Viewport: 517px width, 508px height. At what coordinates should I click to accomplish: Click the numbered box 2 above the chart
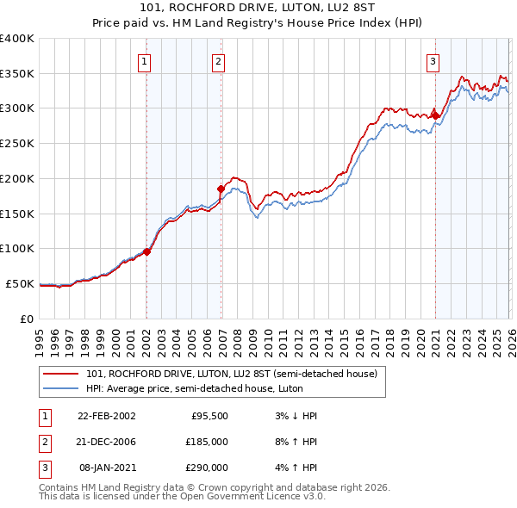(219, 61)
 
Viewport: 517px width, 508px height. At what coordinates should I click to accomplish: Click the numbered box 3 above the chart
(432, 61)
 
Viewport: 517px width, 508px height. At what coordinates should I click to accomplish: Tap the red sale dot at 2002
(146, 251)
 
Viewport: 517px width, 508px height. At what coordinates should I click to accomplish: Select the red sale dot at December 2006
(221, 189)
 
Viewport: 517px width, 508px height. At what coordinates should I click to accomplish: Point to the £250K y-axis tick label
(16, 143)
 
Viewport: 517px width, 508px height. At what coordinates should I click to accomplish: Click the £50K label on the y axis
(19, 283)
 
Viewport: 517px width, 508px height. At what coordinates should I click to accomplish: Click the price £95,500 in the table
(209, 415)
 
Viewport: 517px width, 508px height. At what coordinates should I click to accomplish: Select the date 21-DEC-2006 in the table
(106, 442)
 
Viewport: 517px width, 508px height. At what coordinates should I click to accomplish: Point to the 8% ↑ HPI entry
(294, 442)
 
